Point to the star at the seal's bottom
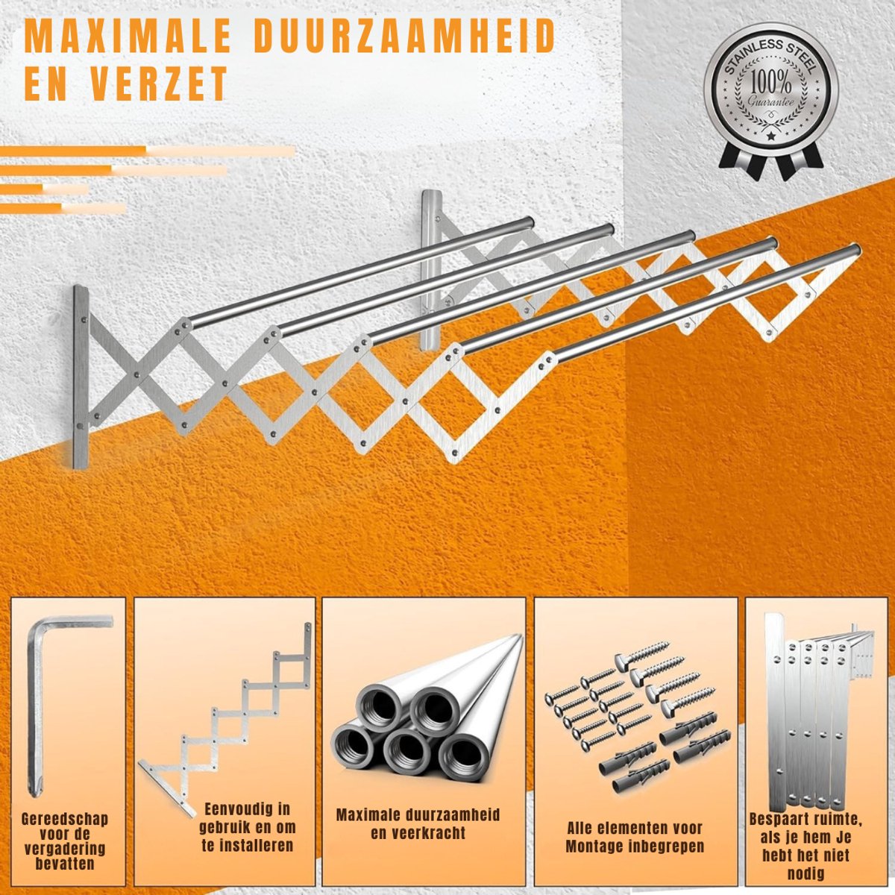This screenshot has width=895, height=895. [771, 136]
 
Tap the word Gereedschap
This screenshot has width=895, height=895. [65, 819]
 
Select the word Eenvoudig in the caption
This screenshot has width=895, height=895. [247, 808]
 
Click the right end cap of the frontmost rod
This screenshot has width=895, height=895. [855, 250]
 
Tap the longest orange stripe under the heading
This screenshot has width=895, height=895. [147, 151]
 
